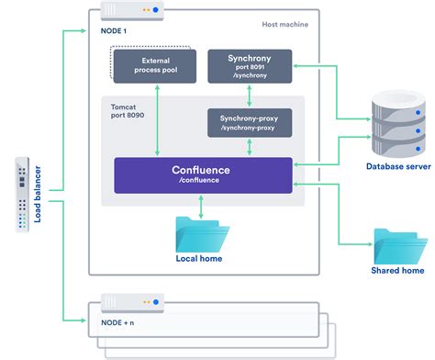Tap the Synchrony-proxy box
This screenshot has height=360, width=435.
[x=250, y=122]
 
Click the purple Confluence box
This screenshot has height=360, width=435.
[x=203, y=174]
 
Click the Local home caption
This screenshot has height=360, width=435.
[x=199, y=258]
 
